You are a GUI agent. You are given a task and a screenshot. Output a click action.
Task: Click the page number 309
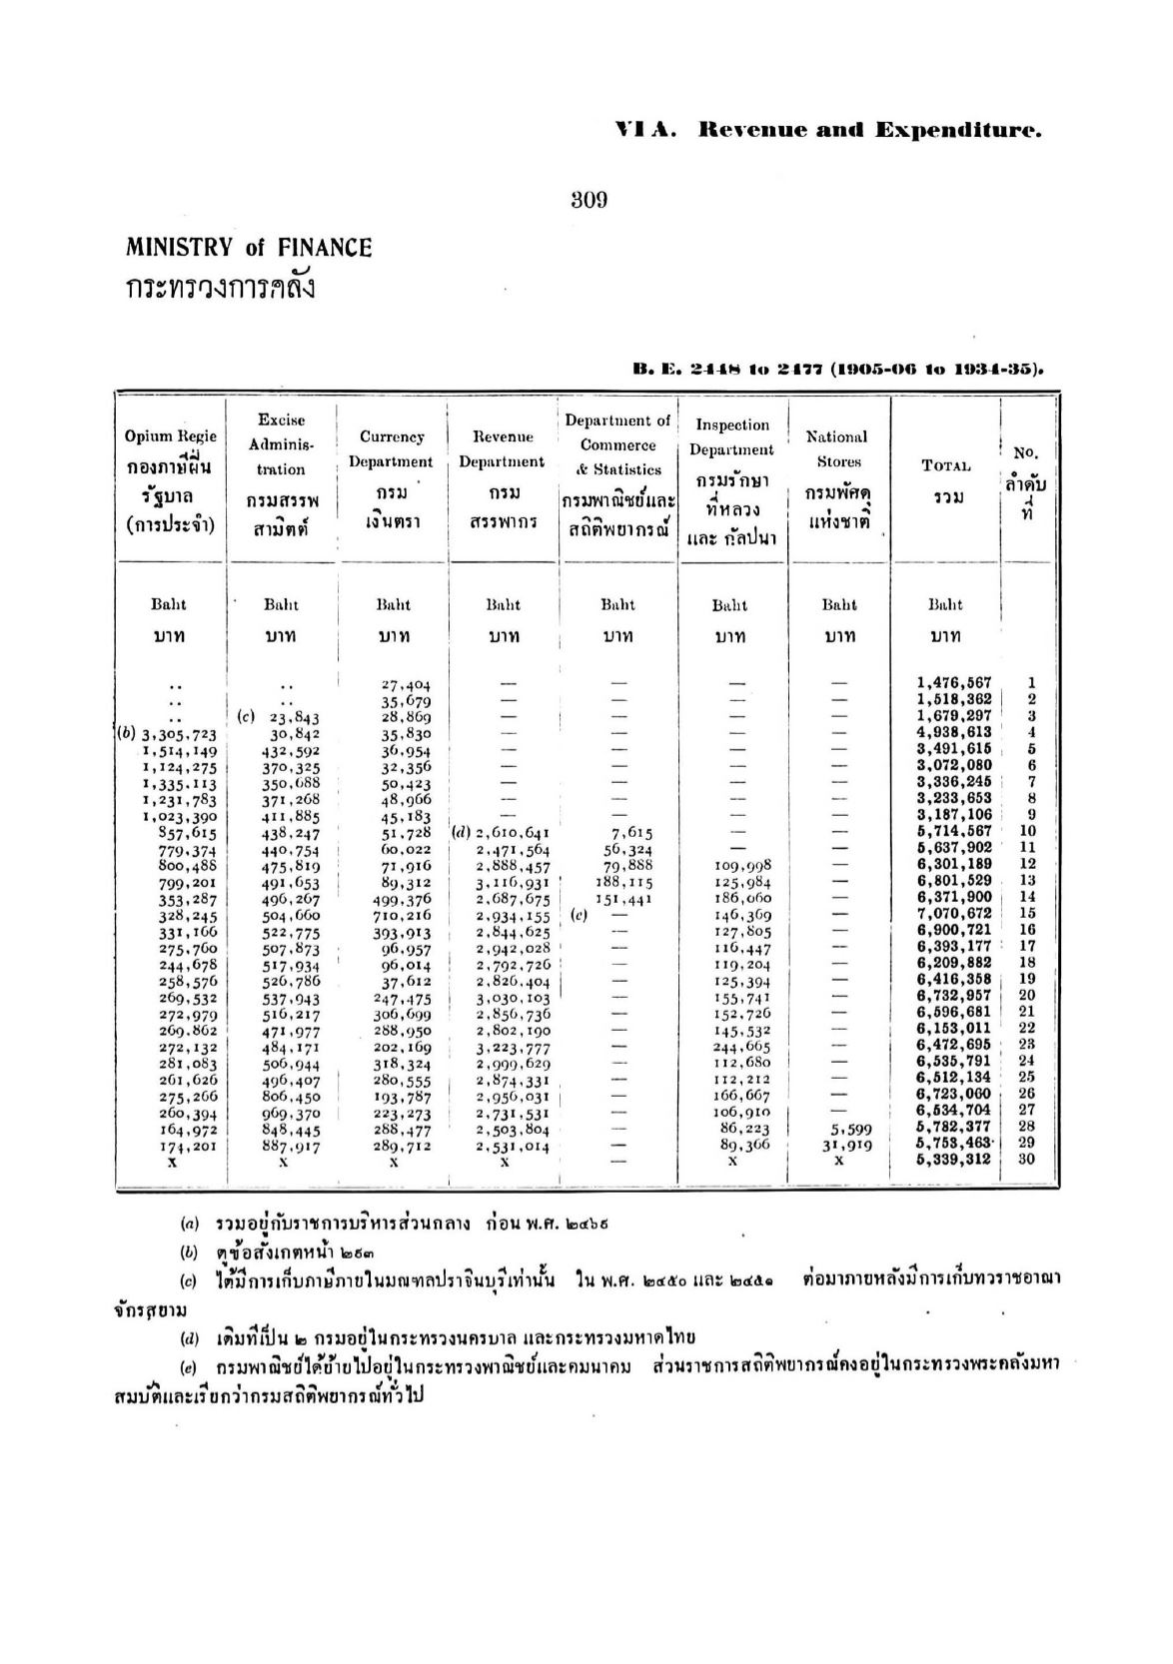tap(588, 200)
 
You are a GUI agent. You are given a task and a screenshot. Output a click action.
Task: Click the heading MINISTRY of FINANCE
tap(249, 248)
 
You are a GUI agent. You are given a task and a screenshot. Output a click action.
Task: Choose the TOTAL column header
tap(945, 465)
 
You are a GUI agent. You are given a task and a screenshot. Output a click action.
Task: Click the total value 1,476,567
tap(953, 683)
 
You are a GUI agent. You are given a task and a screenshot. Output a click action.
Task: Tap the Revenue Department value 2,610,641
tap(512, 832)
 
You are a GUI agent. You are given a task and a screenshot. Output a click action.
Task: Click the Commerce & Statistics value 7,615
tap(630, 832)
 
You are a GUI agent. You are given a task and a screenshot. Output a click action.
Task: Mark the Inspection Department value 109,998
tap(742, 865)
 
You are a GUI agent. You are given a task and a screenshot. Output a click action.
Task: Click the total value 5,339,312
tap(953, 1160)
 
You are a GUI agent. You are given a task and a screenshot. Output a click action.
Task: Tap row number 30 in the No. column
tap(1030, 1160)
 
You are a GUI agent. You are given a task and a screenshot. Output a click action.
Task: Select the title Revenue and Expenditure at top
tap(869, 130)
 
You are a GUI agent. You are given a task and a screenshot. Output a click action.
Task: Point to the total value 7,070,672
tap(953, 914)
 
